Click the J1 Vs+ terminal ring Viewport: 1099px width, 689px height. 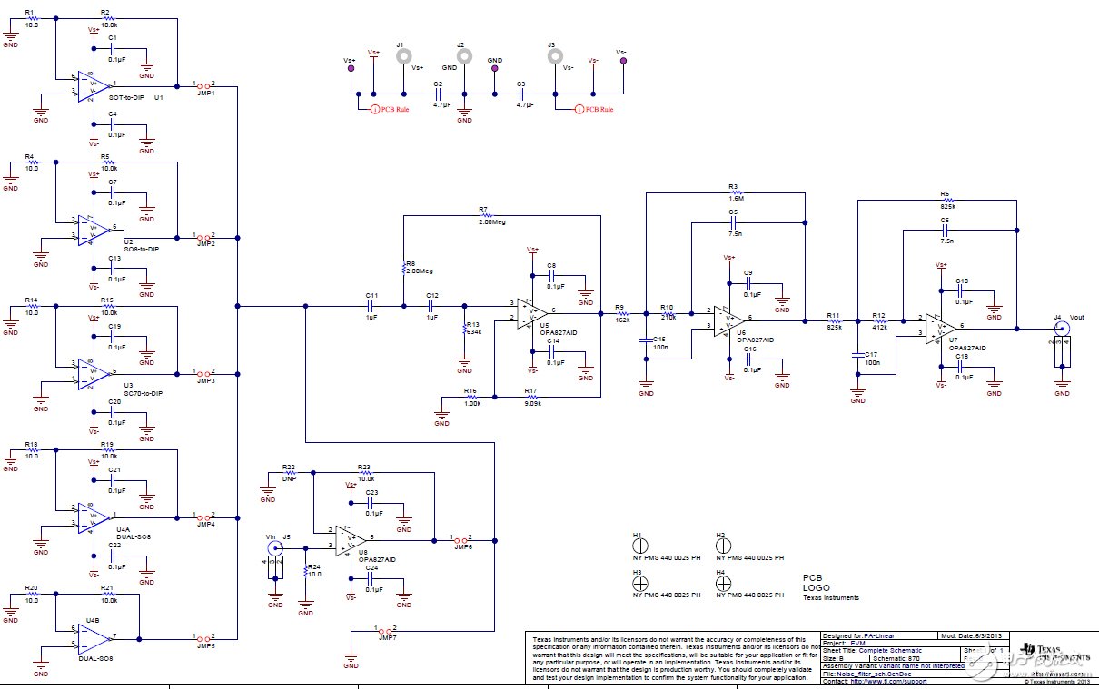point(403,56)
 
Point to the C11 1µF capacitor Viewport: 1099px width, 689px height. point(370,306)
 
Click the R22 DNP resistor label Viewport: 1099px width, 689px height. point(289,477)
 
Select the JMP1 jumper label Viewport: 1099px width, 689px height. point(205,94)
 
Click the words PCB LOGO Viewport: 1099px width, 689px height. point(816,583)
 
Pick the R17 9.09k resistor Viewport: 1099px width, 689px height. point(531,397)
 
